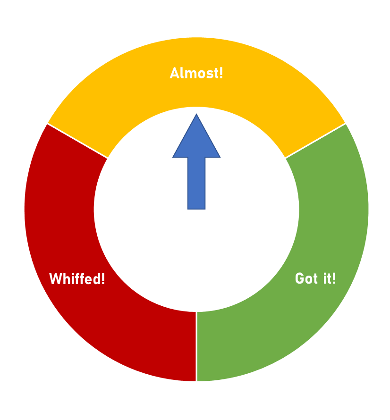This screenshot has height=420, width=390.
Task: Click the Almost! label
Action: click(x=196, y=73)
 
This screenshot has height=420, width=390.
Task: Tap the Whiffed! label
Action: click(x=77, y=279)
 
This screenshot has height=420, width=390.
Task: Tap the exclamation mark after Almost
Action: click(x=221, y=73)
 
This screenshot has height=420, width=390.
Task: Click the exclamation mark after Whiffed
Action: click(x=103, y=279)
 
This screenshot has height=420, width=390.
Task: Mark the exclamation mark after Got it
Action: click(x=334, y=278)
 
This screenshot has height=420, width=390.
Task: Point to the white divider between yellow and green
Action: click(x=315, y=141)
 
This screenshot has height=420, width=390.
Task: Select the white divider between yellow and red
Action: click(x=78, y=141)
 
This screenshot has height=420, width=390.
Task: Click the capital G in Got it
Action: click(x=299, y=278)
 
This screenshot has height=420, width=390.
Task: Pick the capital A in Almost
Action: click(x=174, y=73)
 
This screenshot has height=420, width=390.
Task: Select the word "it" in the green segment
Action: click(x=325, y=278)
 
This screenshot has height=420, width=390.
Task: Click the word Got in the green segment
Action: click(x=307, y=278)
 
